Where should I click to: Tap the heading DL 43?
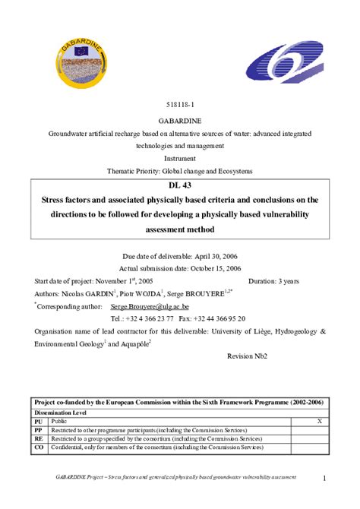(179, 187)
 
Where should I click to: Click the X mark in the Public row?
(318, 420)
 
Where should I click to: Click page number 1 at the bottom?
(324, 478)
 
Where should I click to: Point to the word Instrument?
(179, 158)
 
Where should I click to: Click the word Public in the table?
(59, 420)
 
